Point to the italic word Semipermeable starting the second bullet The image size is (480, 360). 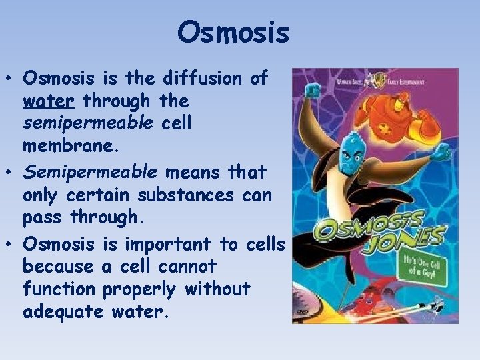click(90, 172)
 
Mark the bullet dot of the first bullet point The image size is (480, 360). click(13, 79)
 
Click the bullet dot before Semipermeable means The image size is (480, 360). click(13, 173)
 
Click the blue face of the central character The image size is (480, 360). click(351, 149)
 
